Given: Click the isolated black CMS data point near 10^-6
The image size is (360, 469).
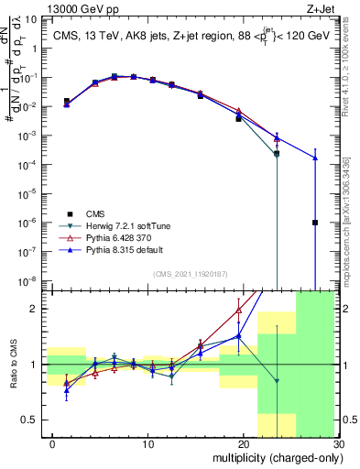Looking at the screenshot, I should tap(314, 223).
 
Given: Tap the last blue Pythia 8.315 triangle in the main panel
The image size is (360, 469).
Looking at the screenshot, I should tap(314, 158).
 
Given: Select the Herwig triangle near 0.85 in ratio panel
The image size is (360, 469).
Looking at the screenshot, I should tap(277, 380).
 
